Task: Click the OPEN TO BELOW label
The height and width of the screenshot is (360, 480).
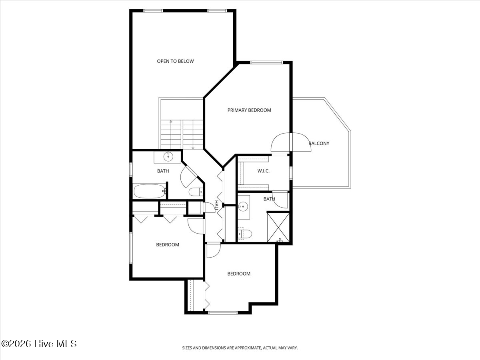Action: click(175, 61)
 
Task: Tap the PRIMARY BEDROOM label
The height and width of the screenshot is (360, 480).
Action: click(249, 110)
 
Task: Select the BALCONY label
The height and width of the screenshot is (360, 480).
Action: click(319, 143)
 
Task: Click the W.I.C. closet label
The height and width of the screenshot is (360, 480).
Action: click(263, 171)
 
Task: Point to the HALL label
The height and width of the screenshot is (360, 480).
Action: click(216, 206)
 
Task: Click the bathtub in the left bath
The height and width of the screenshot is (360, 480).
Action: click(149, 191)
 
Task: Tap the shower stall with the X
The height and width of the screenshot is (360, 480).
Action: click(278, 227)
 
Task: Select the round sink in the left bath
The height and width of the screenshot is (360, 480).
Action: click(168, 156)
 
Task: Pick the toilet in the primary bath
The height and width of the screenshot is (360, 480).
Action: click(244, 234)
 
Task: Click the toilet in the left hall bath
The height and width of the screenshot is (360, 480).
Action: click(196, 192)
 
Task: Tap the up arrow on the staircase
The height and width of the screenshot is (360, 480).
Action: click(171, 121)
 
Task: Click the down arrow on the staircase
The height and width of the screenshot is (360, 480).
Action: click(193, 147)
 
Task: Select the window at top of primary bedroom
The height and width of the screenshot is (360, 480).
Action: click(266, 62)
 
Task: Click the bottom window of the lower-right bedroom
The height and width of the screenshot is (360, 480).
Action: click(220, 312)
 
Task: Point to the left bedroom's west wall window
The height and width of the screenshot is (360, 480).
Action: click(130, 248)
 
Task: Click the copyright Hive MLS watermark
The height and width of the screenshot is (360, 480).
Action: click(39, 344)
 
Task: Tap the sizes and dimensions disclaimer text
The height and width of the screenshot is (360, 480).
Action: click(240, 348)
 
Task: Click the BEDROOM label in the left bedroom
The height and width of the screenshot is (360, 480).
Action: click(167, 245)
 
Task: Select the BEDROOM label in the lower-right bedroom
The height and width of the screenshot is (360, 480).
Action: click(239, 274)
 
